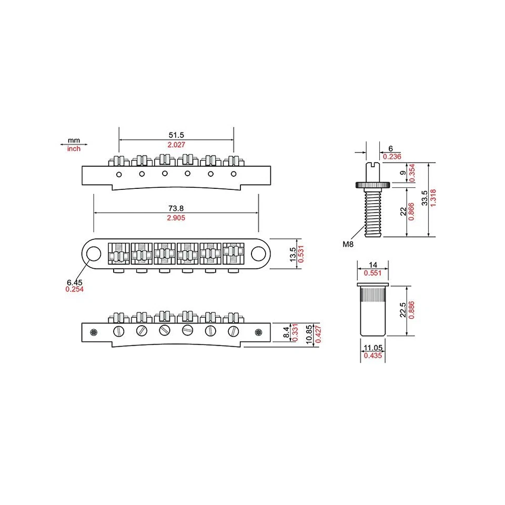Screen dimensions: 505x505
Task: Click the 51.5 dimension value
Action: click(176, 135)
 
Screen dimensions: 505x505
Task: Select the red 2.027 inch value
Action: click(176, 145)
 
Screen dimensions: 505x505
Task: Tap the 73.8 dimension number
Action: click(176, 208)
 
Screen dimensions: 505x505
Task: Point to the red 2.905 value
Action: click(176, 218)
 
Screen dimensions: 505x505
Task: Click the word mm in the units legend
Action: click(74, 141)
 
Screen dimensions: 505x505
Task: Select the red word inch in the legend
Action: click(74, 149)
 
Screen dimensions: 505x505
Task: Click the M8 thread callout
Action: click(348, 244)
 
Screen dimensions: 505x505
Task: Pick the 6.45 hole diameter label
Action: click(74, 282)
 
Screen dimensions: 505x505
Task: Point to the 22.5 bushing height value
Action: click(403, 311)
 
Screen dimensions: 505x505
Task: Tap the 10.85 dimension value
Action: click(309, 334)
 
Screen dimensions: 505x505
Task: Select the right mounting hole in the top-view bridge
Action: click(258, 254)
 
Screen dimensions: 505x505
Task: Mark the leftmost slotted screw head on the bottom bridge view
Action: click(118, 331)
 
